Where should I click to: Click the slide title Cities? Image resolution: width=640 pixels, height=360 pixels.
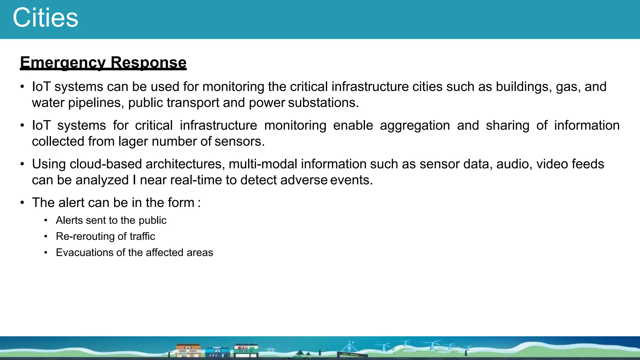pyautogui.click(x=45, y=18)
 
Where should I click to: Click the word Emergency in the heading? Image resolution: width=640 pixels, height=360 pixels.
pyautogui.click(x=63, y=62)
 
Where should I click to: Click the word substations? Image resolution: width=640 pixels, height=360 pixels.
pyautogui.click(x=323, y=103)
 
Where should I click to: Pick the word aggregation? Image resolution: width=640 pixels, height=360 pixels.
pyautogui.click(x=415, y=126)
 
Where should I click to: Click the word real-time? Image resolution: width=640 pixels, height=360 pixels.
pyautogui.click(x=196, y=180)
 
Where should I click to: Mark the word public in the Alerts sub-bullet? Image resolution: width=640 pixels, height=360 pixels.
pyautogui.click(x=152, y=221)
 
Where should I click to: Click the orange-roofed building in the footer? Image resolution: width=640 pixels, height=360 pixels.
pyautogui.click(x=188, y=350)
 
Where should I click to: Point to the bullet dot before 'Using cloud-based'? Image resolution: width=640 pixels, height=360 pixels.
pyautogui.click(x=22, y=164)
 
